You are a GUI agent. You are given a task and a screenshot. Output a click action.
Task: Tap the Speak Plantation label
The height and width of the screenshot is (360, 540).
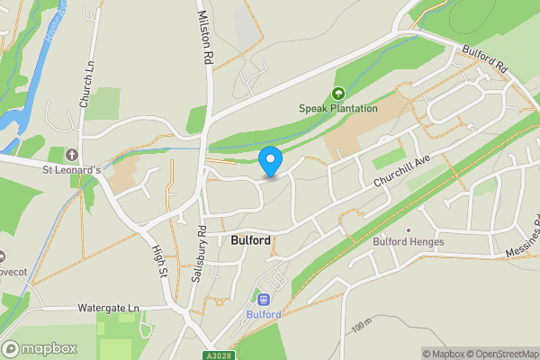tap(338, 109)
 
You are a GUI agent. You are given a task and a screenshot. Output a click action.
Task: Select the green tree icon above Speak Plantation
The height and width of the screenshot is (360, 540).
tap(338, 94)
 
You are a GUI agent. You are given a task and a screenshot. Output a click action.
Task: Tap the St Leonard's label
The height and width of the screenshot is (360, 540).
tap(76, 168)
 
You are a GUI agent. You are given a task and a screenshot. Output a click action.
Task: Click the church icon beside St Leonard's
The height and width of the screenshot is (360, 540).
tap(72, 154)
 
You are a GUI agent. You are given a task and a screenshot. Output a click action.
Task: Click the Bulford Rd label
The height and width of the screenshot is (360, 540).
tap(487, 60)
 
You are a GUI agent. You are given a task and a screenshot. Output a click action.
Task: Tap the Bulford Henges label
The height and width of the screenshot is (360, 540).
tap(409, 241)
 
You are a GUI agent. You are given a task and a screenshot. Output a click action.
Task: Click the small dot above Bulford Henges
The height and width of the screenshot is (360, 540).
tap(408, 230)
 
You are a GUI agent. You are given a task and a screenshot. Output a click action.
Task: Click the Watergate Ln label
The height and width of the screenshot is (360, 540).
tap(110, 308)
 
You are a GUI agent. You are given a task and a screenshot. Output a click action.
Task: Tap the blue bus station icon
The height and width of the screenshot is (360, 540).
tap(264, 300)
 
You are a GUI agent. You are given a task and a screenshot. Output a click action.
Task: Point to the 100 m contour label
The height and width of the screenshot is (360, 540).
tap(362, 324)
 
